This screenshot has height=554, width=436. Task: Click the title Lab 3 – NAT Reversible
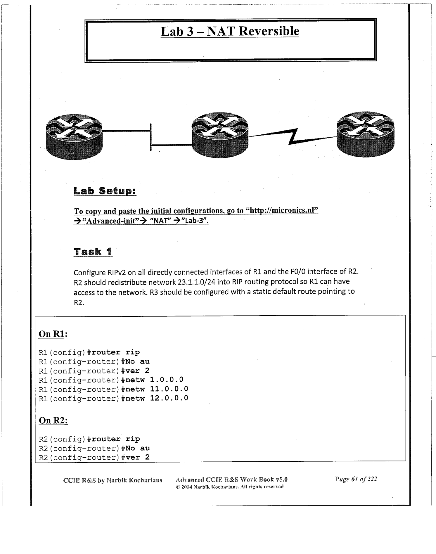(230, 32)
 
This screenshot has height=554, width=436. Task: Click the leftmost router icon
(74, 136)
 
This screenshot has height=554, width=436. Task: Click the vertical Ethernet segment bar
(151, 137)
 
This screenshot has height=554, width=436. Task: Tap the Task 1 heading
(93, 252)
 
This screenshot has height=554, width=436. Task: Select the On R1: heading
(53, 334)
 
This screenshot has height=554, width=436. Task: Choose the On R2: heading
(53, 420)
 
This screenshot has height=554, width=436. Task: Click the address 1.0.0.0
(167, 380)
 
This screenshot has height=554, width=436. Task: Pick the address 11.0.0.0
(169, 389)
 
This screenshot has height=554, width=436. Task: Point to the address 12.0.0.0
(169, 398)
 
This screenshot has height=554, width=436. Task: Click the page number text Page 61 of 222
(356, 479)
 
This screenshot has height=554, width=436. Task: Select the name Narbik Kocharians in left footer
(134, 480)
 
